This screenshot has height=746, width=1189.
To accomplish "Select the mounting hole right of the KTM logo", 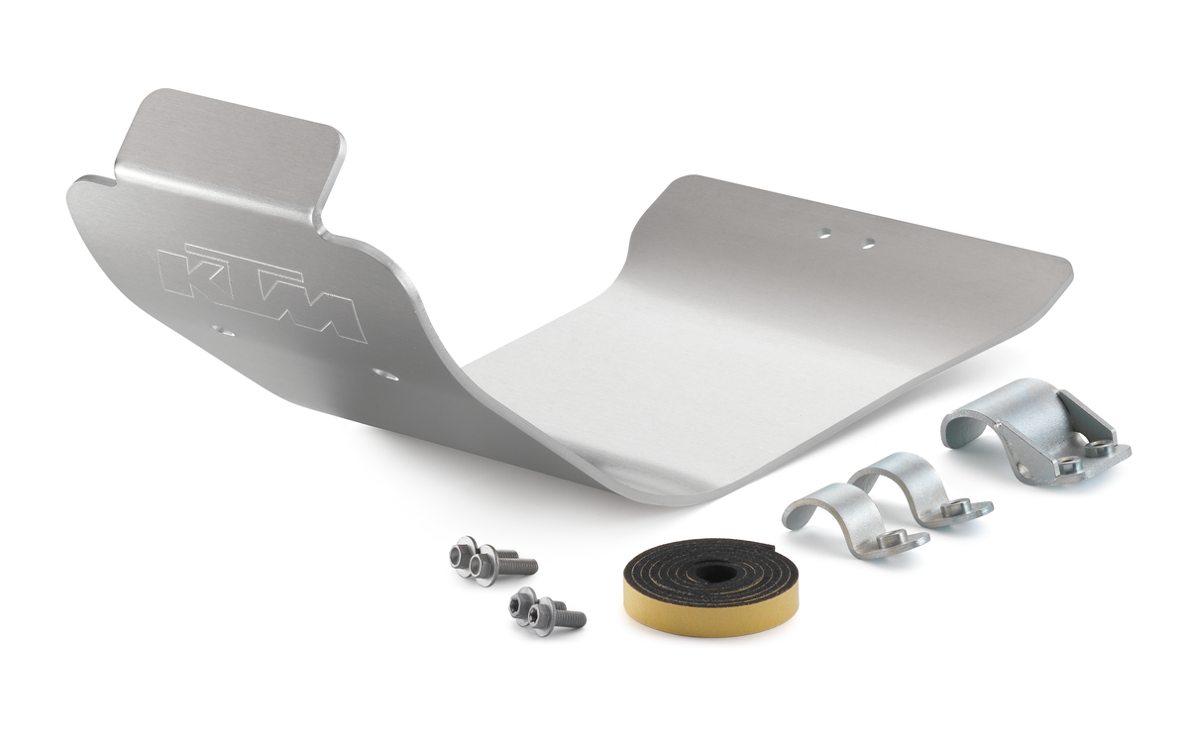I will [x=384, y=374].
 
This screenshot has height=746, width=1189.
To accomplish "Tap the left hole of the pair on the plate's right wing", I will [x=823, y=234].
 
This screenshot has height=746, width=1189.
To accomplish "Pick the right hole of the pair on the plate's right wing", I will [x=868, y=243].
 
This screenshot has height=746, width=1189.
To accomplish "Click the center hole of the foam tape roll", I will [x=712, y=573].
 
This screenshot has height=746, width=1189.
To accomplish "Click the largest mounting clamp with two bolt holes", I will [x=1030, y=430].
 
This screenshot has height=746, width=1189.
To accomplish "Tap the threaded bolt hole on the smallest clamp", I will [x=895, y=538].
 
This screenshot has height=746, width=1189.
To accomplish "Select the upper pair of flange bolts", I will [x=490, y=561].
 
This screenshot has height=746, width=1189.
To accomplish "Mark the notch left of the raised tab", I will [x=99, y=181].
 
